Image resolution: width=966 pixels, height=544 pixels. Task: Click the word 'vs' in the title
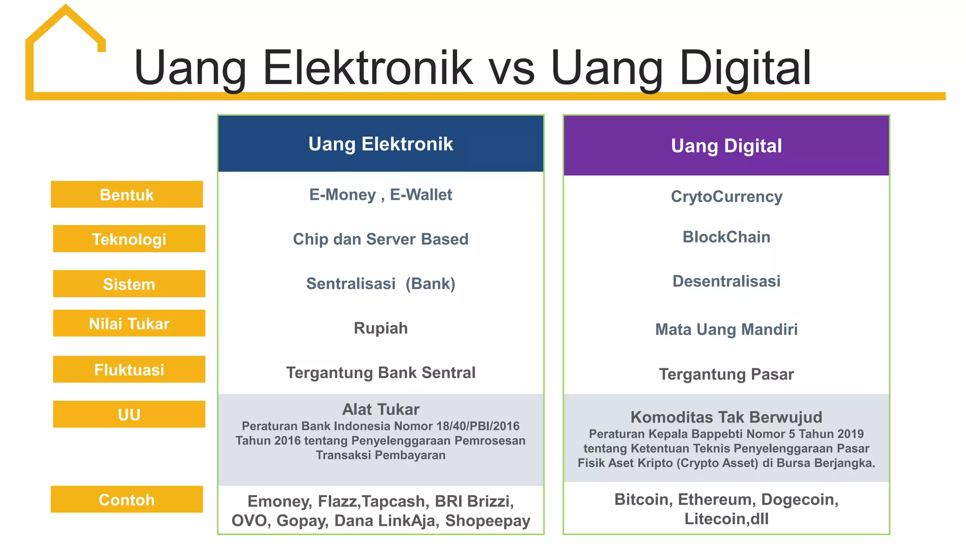coord(511,68)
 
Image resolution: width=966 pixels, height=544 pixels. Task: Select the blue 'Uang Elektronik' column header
coord(381,144)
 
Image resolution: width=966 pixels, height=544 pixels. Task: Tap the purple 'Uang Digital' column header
coord(726,146)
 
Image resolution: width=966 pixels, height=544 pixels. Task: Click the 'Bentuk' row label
coord(127,195)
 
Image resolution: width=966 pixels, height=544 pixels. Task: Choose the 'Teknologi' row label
coord(129,239)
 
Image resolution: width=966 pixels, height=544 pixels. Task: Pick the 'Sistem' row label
coord(129,284)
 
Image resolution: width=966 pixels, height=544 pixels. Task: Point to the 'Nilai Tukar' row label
coord(129,323)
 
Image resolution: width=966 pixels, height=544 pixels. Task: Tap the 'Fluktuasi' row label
coord(129,369)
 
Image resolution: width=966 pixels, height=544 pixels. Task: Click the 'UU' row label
coord(129,415)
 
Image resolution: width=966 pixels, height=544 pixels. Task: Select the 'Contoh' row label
coord(127,500)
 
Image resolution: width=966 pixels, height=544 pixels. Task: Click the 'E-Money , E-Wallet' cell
coord(381,195)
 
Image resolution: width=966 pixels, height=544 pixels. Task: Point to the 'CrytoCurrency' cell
coord(726,196)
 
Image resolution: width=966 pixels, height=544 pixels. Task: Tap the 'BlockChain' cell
coord(726,237)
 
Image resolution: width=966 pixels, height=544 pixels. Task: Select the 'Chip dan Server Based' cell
coord(381,239)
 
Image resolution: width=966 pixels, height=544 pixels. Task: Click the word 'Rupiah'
coord(381,328)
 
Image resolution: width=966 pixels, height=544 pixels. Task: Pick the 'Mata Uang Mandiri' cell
coord(726,329)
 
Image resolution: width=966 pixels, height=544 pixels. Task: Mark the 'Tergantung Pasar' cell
coord(726,374)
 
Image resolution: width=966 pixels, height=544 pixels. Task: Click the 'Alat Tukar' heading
coord(381,409)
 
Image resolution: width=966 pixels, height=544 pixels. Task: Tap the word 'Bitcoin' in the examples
coord(643,500)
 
